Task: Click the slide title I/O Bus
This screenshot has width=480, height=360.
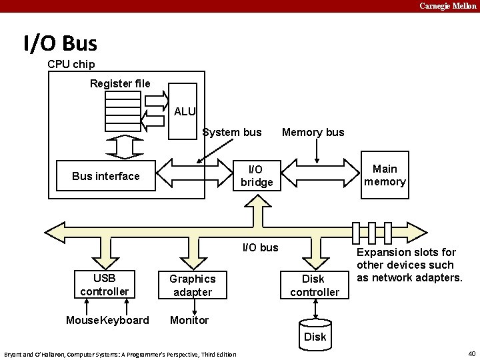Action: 60,44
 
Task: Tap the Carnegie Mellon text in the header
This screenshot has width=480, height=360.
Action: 448,6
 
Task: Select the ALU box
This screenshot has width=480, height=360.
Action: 183,111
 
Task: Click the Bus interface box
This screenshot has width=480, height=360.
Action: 106,176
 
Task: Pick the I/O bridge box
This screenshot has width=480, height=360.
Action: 257,176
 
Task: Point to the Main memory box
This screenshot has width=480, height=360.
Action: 384,175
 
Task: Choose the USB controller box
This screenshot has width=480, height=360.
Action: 104,285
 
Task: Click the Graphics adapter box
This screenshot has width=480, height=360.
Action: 192,285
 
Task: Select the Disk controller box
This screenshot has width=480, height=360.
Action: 314,285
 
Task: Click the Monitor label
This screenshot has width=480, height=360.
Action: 189,320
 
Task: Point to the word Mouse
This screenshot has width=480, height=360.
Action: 83,320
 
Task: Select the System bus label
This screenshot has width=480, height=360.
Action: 232,132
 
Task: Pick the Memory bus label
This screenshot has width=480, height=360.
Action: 313,132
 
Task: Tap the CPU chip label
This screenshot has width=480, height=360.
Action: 71,64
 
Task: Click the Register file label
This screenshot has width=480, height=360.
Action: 120,83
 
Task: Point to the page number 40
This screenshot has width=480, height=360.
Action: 471,353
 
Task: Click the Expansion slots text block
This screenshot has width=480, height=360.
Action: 409,265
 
